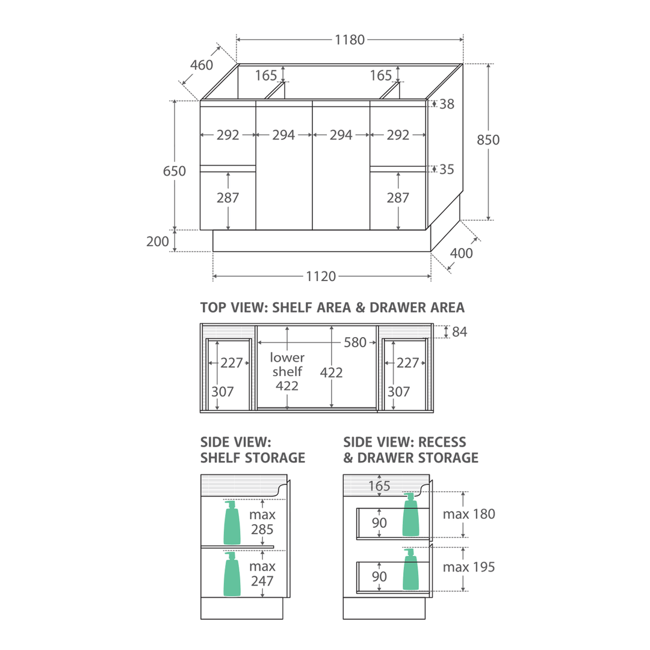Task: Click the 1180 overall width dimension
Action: tap(350, 40)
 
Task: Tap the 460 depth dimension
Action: tap(202, 65)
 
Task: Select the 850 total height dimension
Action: tap(488, 140)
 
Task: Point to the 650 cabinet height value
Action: tap(174, 171)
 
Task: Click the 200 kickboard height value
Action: tap(158, 241)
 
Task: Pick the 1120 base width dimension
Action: tap(321, 276)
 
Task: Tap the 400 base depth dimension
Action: tap(462, 253)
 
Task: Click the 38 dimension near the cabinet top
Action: tap(447, 104)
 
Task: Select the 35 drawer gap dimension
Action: tap(447, 169)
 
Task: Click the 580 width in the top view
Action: tap(355, 342)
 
